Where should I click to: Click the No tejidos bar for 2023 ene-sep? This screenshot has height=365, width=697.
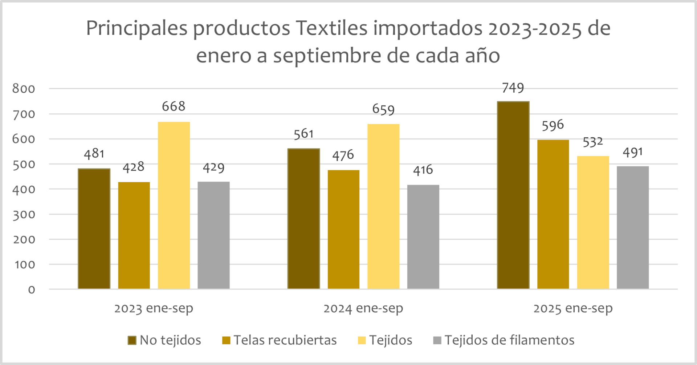[94, 229]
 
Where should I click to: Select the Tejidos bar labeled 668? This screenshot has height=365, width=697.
[174, 205]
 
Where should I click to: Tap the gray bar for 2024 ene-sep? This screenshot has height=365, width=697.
[423, 237]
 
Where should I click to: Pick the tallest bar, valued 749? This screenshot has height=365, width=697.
[513, 195]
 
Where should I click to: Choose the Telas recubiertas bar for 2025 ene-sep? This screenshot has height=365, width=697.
[553, 214]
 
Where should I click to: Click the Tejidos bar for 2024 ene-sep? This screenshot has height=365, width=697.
[383, 206]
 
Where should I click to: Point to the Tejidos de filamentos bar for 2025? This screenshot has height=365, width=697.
[632, 227]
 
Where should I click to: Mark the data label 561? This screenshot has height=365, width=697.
[303, 134]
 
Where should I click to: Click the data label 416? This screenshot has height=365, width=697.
[423, 170]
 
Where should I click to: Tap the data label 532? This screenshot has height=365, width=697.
[592, 142]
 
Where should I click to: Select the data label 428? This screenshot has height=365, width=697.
[134, 167]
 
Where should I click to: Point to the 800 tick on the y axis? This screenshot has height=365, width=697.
[24, 89]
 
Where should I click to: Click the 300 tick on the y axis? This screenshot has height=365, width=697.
[24, 214]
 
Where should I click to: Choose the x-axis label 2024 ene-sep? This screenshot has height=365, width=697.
[363, 308]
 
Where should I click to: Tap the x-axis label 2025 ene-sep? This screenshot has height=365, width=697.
[573, 308]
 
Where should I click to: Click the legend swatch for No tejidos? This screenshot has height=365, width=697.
[132, 340]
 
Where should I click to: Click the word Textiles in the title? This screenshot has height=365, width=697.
[331, 28]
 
